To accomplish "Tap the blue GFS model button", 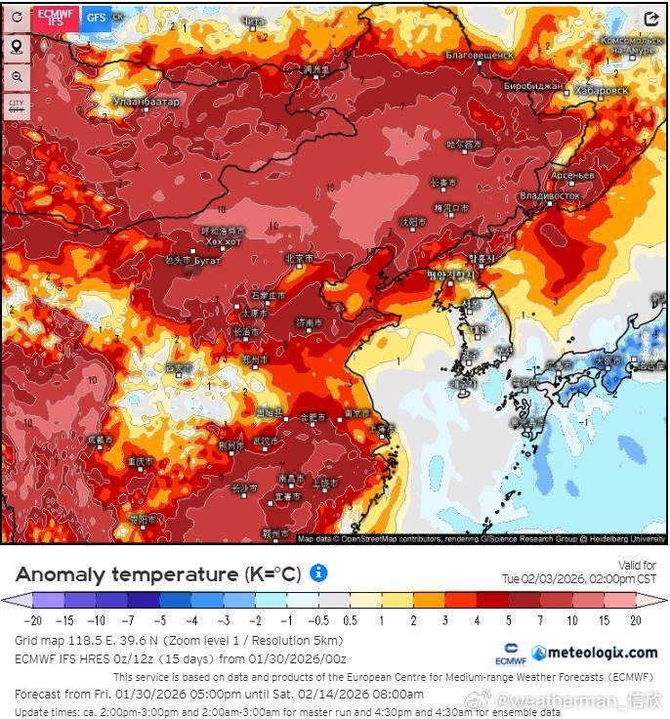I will coord(97,17).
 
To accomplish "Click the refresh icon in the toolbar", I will coord(17,18).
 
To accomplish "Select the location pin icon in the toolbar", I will coord(17,47).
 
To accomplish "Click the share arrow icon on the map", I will coord(650,19).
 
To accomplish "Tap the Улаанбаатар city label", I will coord(147,102).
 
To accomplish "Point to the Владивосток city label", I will coord(550,195).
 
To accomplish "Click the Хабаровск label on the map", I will coord(602,90).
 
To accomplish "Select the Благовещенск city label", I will coord(479,56).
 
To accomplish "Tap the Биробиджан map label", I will coord(533,87).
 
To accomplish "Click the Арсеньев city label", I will coord(572,175).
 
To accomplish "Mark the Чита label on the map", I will coord(252,21).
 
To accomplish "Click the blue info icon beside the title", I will coord(318,573).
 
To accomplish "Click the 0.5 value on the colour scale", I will coord(351,619).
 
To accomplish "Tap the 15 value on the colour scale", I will coord(605,619).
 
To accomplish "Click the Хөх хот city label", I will coord(223,241).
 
